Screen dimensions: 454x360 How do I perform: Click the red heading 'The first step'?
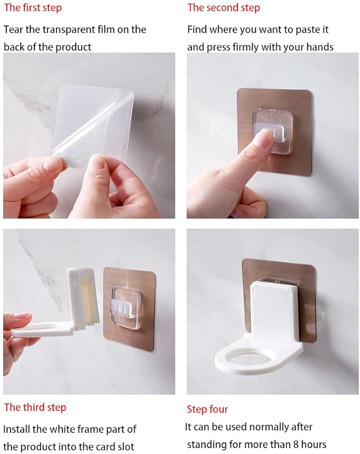33,8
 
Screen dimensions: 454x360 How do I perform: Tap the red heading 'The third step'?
35,407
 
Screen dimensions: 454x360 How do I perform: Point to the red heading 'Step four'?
207,409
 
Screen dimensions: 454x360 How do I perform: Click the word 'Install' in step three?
17,429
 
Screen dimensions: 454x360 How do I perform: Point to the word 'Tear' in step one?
13,30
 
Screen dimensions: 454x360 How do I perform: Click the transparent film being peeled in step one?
93,122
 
